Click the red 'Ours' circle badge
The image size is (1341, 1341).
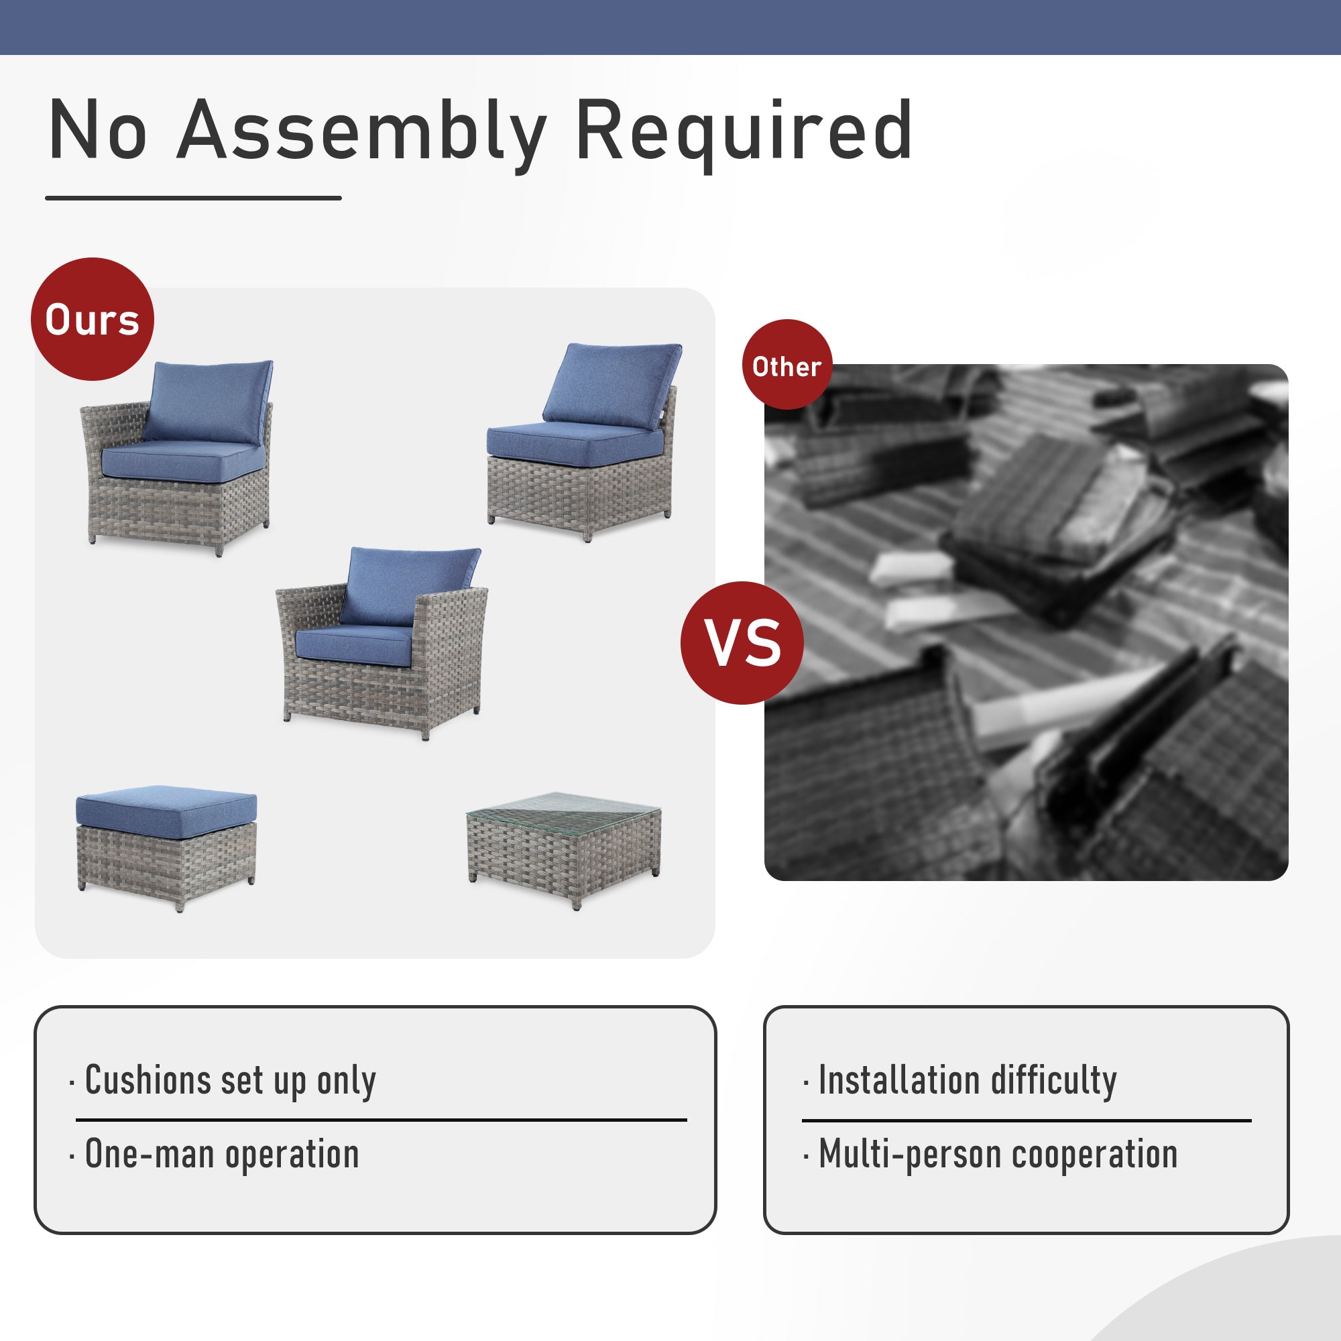click(x=93, y=319)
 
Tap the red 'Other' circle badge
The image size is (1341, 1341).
click(x=787, y=364)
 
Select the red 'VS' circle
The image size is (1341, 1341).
click(x=742, y=643)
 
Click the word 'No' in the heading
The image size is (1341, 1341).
click(x=98, y=131)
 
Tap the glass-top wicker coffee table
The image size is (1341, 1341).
click(x=564, y=850)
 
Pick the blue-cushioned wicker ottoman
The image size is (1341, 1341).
click(x=166, y=848)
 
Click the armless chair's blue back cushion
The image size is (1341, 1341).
click(x=612, y=386)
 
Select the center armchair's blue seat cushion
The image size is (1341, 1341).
click(x=354, y=643)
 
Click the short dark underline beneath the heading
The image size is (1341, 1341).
click(x=194, y=198)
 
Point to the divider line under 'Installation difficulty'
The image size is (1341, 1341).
click(x=1027, y=1120)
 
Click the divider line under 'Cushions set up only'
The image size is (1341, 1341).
click(x=381, y=1120)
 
